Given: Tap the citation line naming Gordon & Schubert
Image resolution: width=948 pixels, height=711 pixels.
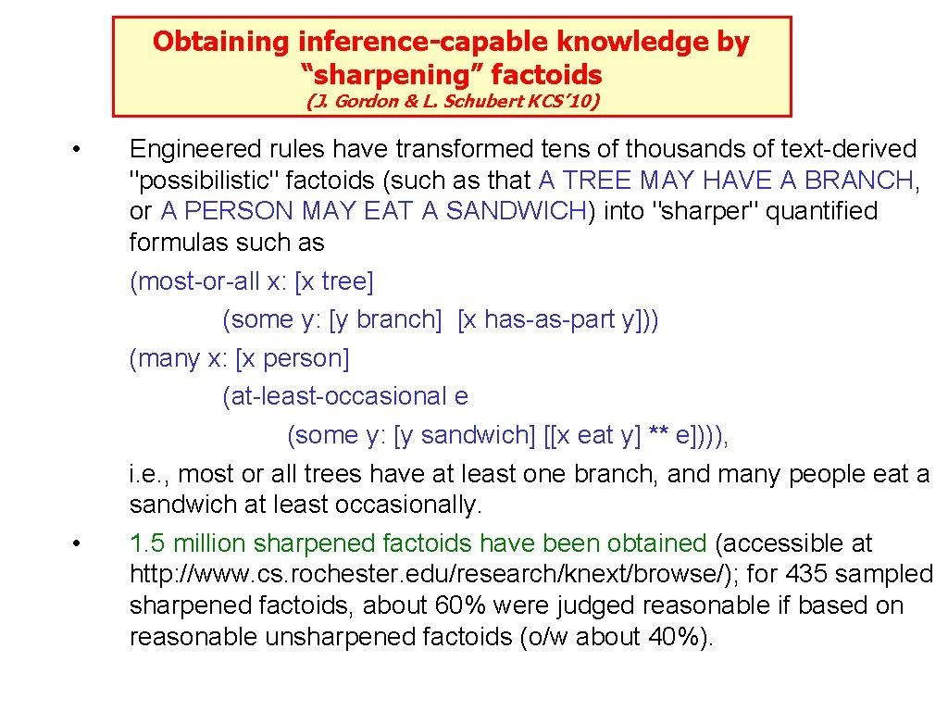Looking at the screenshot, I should pos(453,101).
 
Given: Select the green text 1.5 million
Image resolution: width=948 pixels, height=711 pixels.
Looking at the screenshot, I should pos(188,543).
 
